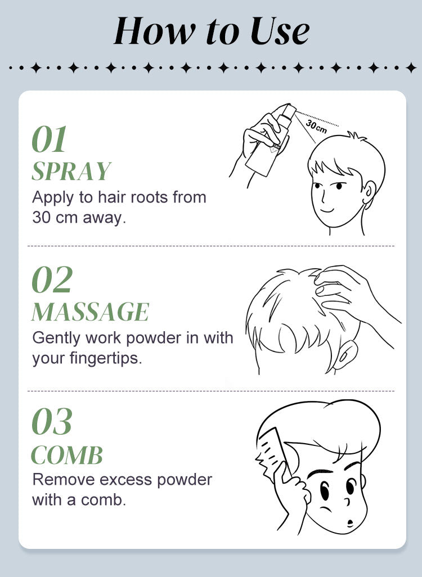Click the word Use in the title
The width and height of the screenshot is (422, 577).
[280, 31]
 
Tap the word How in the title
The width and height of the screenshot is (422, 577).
[155, 31]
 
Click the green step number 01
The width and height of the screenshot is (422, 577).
[50, 139]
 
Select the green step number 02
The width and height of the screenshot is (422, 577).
[52, 280]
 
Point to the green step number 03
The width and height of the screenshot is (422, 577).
[52, 421]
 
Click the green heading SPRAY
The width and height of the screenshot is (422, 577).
[71, 171]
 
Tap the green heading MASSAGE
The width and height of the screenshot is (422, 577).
[90, 312]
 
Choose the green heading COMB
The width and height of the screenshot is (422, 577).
[66, 455]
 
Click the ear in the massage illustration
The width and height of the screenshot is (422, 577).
[346, 355]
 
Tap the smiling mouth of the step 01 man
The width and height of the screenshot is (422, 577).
[327, 210]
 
